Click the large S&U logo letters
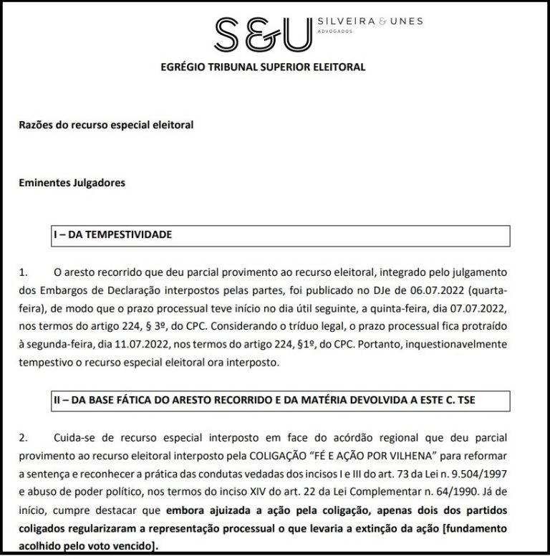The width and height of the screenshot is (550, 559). pyautogui.click(x=264, y=32)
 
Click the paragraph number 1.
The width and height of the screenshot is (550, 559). pyautogui.click(x=24, y=272)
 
